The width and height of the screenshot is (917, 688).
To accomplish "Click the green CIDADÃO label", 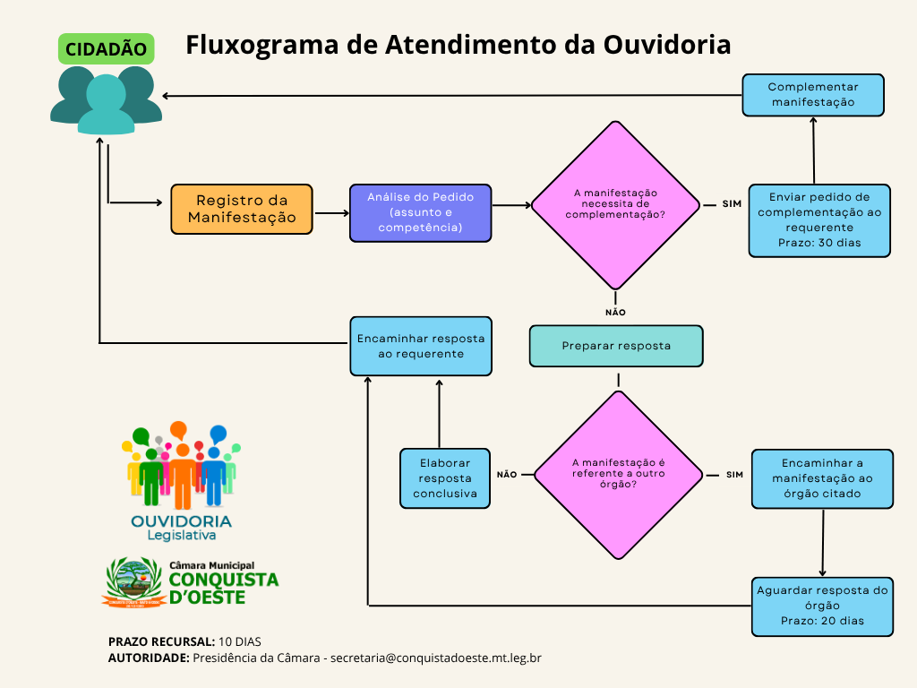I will pyautogui.click(x=106, y=48).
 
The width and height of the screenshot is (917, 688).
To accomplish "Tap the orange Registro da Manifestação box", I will pyautogui.click(x=242, y=209).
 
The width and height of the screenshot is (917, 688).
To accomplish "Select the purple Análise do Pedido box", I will pyautogui.click(x=420, y=212).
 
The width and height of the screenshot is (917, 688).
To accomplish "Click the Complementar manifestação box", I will pyautogui.click(x=813, y=95).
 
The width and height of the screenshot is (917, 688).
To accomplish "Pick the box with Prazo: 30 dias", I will pyautogui.click(x=819, y=220).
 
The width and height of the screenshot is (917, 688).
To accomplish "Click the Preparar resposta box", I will pyautogui.click(x=616, y=346).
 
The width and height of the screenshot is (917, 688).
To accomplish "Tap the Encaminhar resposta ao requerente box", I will pyautogui.click(x=420, y=346).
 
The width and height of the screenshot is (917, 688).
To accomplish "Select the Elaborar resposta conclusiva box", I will pyautogui.click(x=445, y=478).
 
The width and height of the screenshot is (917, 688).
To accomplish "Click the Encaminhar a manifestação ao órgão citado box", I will pyautogui.click(x=822, y=478).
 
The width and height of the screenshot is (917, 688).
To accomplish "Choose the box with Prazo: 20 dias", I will pyautogui.click(x=822, y=606).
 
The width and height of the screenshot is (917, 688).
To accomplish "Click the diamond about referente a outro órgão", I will pyautogui.click(x=618, y=474).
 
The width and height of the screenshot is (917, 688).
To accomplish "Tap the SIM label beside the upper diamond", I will pyautogui.click(x=732, y=204).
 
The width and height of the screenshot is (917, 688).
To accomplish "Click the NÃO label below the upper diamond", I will pyautogui.click(x=615, y=313).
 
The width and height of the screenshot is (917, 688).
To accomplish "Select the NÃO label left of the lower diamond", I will pyautogui.click(x=507, y=475).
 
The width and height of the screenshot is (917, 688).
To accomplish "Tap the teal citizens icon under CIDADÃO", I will pyautogui.click(x=106, y=100).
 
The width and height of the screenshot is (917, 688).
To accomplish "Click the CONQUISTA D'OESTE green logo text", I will pyautogui.click(x=223, y=588).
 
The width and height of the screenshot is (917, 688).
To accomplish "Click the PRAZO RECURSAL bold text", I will pyautogui.click(x=161, y=641).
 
